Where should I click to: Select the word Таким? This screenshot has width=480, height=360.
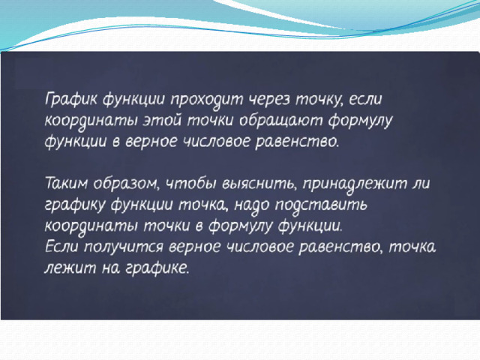coord(67,184)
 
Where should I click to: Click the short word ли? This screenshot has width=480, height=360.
coord(421,184)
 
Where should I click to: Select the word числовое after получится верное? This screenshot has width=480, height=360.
coord(259,247)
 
